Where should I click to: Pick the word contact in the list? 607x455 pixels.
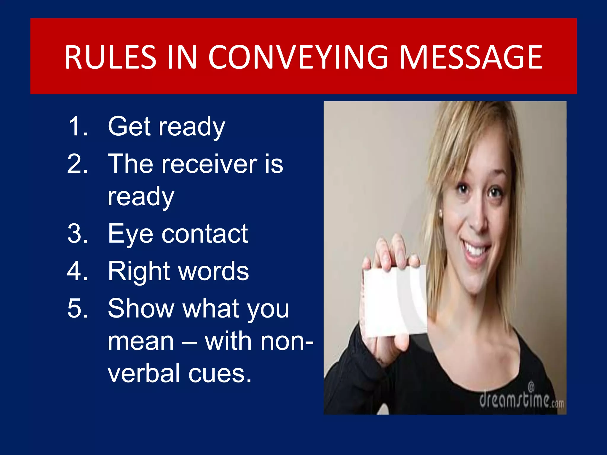[x=205, y=234]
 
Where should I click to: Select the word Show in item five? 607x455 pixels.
[x=140, y=309]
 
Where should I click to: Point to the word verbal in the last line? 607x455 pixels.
[x=144, y=373]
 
